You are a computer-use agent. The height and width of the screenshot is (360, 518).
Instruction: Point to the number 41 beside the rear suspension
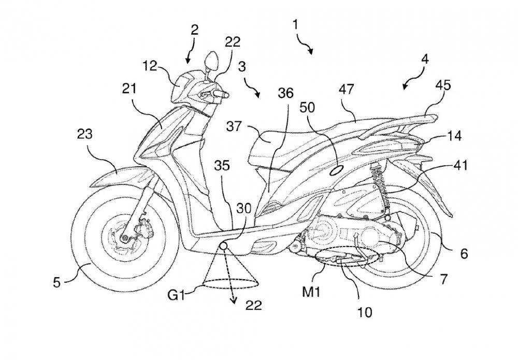(460, 166)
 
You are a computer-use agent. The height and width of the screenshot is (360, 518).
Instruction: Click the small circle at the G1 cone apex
(224, 247)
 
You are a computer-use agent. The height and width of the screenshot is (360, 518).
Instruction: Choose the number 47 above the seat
(347, 89)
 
